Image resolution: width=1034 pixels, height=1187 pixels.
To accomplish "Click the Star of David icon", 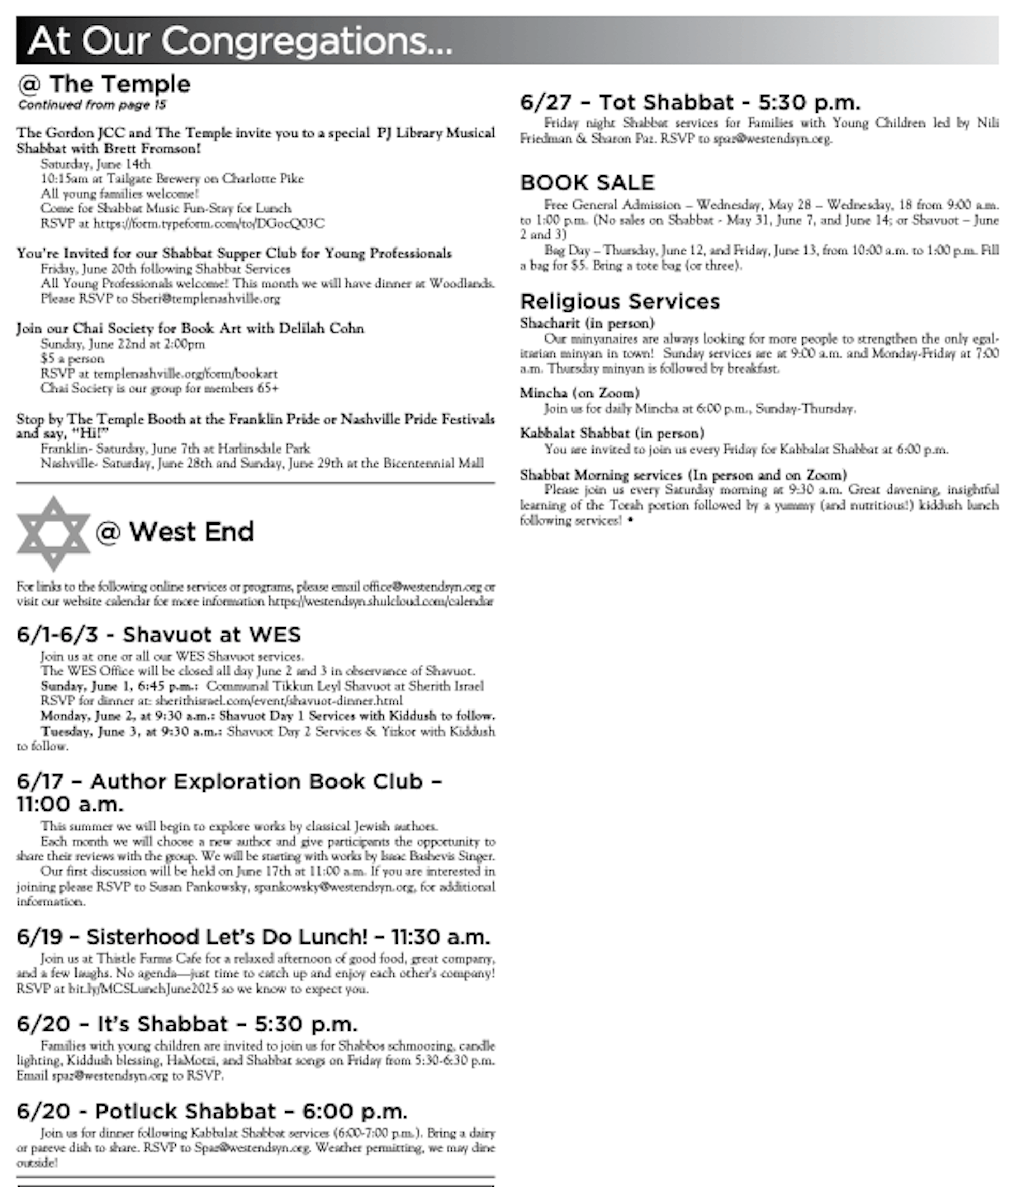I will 53,533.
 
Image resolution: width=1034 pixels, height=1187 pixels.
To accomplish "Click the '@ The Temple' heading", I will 104,84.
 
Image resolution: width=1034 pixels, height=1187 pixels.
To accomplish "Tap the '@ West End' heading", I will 174,531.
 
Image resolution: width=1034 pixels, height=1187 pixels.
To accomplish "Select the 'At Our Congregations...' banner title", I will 240,41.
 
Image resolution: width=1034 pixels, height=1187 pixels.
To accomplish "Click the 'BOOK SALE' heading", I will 587,182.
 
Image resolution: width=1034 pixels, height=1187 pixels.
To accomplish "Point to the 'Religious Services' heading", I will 620,301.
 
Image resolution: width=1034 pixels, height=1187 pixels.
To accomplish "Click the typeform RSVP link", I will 209,223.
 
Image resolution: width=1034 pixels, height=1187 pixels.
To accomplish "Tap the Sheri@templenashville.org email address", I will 205,299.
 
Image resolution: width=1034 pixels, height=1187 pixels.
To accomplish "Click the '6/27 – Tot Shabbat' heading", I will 690,102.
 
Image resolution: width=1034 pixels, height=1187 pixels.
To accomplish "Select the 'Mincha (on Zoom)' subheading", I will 580,393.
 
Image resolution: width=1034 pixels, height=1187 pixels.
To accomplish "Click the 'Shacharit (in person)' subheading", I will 587,323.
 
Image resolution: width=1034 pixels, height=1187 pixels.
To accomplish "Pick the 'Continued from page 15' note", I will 93,104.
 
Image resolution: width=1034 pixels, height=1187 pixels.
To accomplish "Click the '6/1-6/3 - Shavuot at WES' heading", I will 159,635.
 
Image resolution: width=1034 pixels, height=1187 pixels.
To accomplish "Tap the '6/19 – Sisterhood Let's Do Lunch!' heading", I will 253,936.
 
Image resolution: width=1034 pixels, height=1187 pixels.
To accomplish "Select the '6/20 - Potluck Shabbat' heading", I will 212,1111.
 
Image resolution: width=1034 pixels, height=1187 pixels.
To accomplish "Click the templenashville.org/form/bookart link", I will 185,373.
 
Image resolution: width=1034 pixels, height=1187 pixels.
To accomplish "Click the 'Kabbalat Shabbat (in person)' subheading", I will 612,433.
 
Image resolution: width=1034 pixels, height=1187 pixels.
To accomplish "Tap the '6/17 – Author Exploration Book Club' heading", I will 229,791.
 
